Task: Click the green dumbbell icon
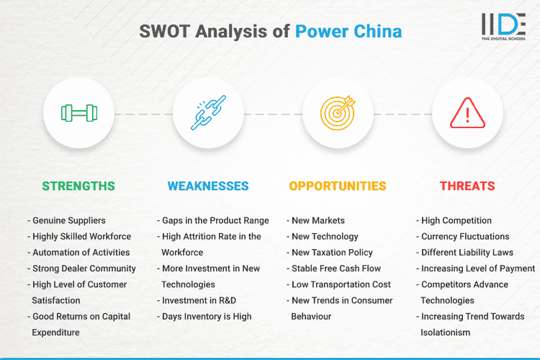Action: tap(78, 113)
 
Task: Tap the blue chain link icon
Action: tap(208, 113)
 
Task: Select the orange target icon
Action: tap(338, 113)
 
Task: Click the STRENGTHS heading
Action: tap(78, 186)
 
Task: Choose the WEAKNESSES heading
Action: tap(208, 186)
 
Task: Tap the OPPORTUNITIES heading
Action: tap(338, 186)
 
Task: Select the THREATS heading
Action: tap(467, 186)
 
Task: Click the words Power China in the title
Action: tap(348, 31)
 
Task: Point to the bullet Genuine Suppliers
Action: tap(68, 220)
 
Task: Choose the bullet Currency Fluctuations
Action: tap(464, 236)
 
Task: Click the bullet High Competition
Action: tap(456, 220)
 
